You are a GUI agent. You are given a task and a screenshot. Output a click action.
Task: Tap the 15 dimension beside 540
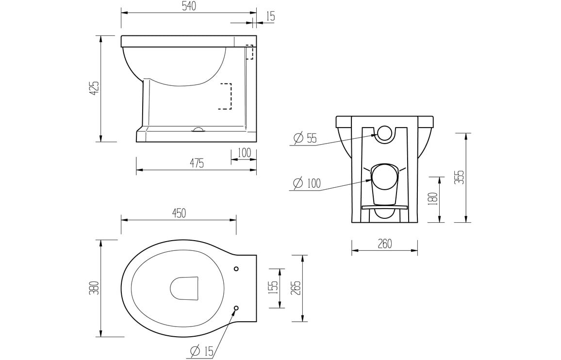coord(270,16)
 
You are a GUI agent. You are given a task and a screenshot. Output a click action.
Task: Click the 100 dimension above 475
coord(244,153)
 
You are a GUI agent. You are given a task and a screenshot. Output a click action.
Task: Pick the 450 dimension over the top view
coord(178,213)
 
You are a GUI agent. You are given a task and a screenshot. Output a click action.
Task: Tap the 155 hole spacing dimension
coord(273,288)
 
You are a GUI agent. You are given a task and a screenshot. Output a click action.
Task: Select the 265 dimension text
coord(296,288)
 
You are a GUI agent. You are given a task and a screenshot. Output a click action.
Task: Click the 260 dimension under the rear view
coord(384,244)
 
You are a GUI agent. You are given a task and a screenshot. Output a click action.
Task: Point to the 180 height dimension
coord(433,198)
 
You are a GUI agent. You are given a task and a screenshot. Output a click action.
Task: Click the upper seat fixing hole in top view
coord(236,269)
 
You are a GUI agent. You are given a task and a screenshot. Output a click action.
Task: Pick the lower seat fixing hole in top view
coord(236,308)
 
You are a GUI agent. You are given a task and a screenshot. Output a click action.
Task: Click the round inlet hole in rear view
coord(384,133)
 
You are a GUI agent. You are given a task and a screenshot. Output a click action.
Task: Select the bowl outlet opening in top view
coord(185,288)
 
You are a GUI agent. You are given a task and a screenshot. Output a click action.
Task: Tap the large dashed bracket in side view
coord(226,96)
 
